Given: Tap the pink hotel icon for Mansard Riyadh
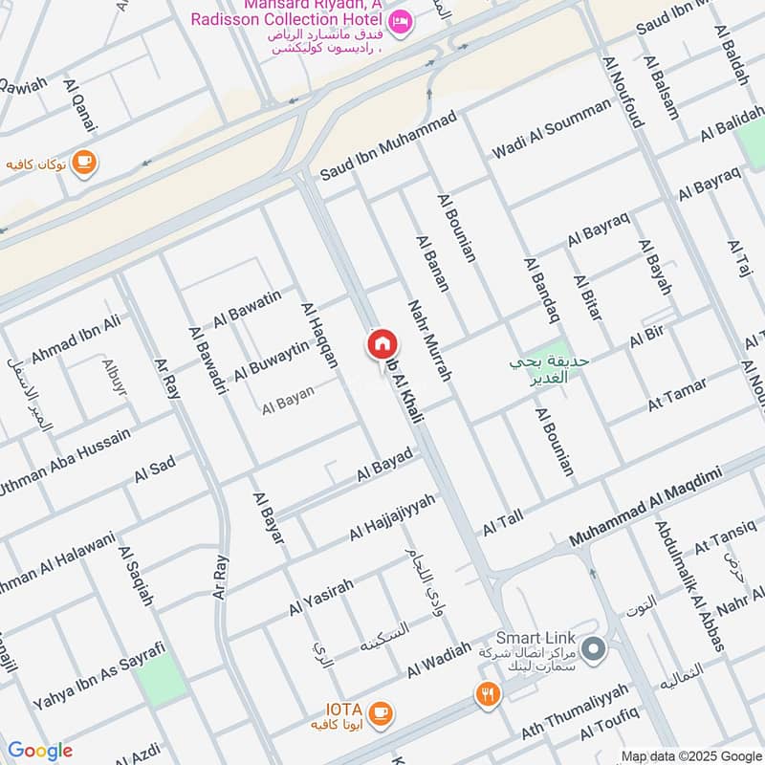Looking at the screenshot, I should coord(401,20).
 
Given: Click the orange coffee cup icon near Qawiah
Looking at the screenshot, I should coord(84,162).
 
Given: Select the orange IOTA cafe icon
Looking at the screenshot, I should coord(380,712).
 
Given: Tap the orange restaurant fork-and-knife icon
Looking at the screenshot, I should coord(489,694).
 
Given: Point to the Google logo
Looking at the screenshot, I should coord(39,751).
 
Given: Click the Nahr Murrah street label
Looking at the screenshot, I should coord(428,342).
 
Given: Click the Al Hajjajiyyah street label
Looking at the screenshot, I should coord(392,516).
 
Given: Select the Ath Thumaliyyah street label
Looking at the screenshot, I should coord(575,712).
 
